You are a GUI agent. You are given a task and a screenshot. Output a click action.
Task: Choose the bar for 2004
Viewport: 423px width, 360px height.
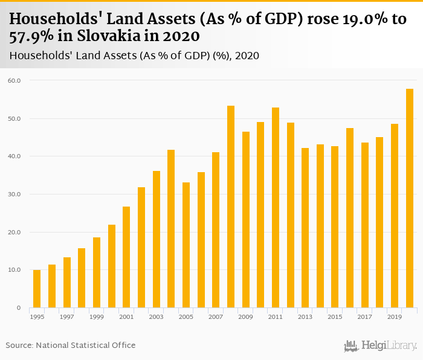click(x=171, y=229)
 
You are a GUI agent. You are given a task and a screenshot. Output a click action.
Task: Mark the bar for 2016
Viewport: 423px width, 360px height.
click(x=350, y=218)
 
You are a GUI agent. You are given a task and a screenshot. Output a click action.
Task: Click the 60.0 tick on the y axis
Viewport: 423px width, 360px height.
click(x=14, y=80)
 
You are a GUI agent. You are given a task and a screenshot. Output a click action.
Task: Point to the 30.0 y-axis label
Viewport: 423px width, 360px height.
click(x=14, y=194)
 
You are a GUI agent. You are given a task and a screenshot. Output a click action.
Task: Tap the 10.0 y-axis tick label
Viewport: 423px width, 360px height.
click(x=14, y=270)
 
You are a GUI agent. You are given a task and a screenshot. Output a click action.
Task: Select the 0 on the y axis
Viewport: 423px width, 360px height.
click(x=18, y=308)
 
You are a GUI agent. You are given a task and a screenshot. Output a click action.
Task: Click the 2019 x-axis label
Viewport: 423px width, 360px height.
click(x=395, y=317)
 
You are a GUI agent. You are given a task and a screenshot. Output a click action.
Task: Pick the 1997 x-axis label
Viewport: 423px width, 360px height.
click(x=66, y=317)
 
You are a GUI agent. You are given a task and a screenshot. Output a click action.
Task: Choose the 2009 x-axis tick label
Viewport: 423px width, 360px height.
click(x=246, y=317)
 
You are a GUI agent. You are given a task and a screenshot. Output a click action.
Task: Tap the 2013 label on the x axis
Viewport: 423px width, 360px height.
click(x=305, y=317)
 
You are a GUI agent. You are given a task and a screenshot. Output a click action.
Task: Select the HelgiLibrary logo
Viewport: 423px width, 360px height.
click(x=380, y=346)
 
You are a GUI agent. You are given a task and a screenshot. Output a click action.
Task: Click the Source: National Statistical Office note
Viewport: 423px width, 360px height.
click(x=71, y=345)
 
